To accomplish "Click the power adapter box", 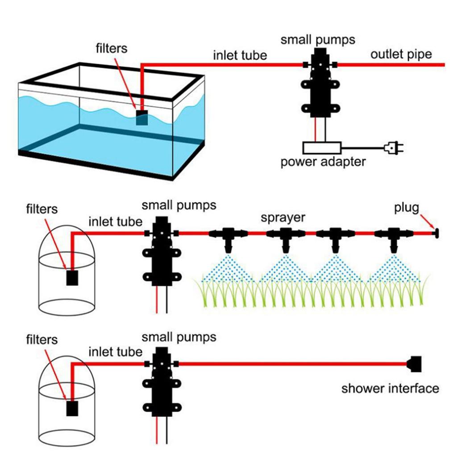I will click(x=322, y=148).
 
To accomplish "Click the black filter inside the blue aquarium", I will click(x=142, y=118).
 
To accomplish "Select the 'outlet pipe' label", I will click(x=401, y=54).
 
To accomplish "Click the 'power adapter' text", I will click(x=323, y=161).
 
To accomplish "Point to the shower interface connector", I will click(x=415, y=363).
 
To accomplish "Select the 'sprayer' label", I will click(x=283, y=217).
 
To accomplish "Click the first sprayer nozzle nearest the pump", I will click(x=228, y=237).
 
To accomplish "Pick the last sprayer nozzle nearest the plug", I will click(x=393, y=237).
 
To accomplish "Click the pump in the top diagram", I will click(x=320, y=83).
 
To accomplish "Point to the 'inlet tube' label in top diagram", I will click(x=240, y=55).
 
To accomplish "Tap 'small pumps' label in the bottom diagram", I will click(x=179, y=337).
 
